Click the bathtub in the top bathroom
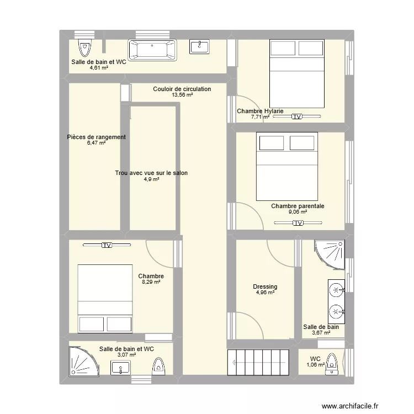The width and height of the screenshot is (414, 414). click(153, 51)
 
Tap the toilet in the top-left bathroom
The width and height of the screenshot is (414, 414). click(84, 49)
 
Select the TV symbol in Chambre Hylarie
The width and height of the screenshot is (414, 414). click(298, 116)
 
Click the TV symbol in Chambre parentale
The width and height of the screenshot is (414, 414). click(298, 223)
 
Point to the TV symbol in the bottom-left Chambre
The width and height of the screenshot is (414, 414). click(106, 245)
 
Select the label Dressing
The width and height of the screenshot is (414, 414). click(265, 287)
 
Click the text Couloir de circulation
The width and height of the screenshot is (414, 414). click(182, 89)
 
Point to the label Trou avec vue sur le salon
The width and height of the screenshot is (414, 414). click(151, 173)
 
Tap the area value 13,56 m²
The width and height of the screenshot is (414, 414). click(182, 95)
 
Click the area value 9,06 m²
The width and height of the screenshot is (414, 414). click(298, 211)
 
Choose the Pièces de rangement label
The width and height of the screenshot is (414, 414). click(96, 137)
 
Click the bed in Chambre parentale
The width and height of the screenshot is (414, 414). click(287, 166)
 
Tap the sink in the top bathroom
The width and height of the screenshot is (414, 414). click(199, 47)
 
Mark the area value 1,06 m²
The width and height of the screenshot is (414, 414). click(315, 365)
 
